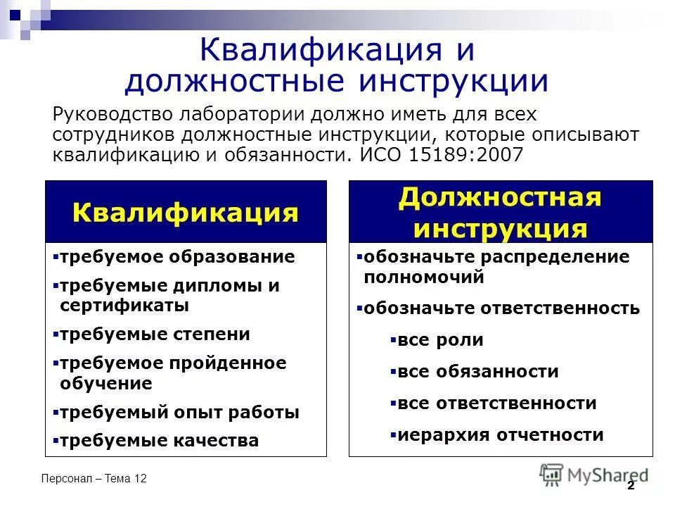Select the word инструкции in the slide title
tap(454, 81)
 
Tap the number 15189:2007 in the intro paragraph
tap(469, 155)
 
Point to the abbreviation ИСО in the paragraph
tap(383, 155)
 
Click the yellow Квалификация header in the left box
tap(186, 212)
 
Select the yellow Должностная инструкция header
tap(500, 213)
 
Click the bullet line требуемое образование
tap(176, 257)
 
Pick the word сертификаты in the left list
tap(124, 306)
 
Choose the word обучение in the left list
tap(106, 384)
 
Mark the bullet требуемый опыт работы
tap(179, 413)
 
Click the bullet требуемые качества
tap(159, 441)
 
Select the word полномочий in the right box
tap(424, 277)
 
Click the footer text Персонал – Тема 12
tap(94, 479)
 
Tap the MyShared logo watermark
tap(594, 475)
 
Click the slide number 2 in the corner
tap(631, 485)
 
